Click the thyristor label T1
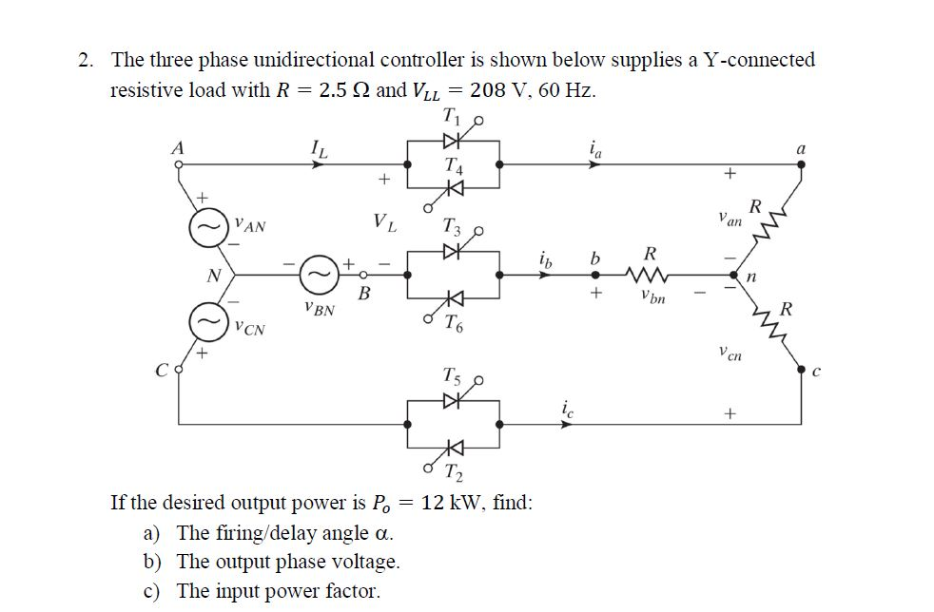pos(451,117)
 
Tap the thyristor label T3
pos(454,228)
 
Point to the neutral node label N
pos(214,276)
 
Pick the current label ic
pos(569,410)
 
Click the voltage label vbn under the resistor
pos(652,298)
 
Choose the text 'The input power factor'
pos(278,590)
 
